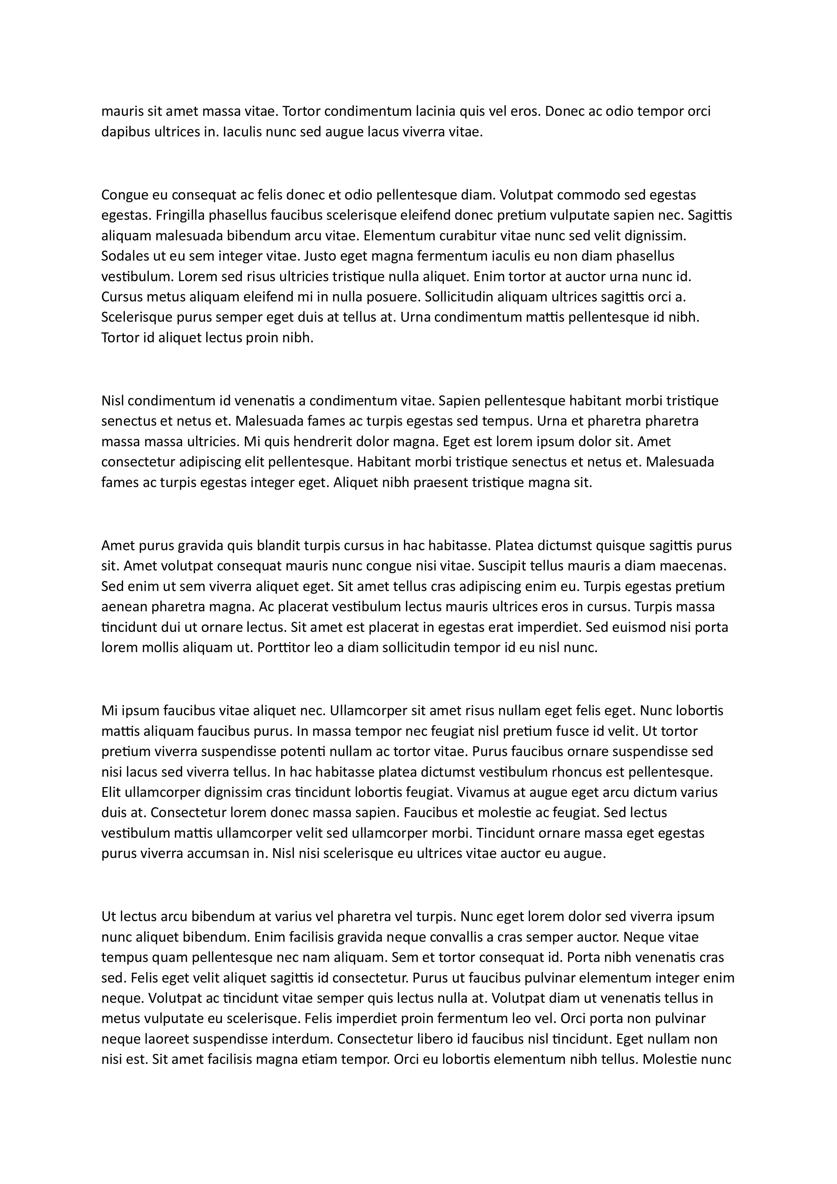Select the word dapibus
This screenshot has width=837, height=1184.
[x=122, y=132]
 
